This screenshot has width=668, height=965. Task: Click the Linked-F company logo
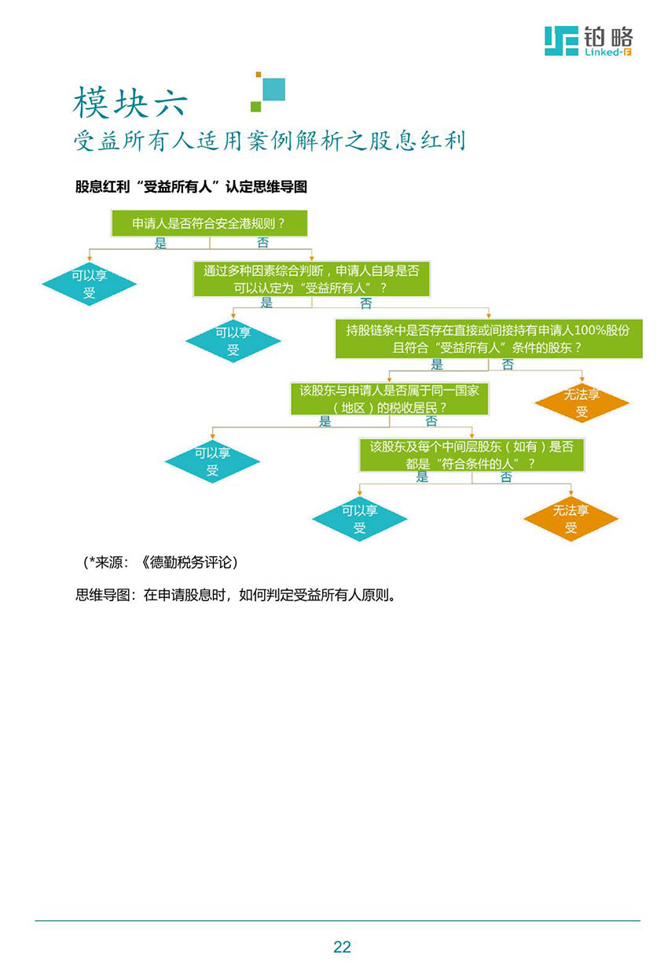pyautogui.click(x=588, y=41)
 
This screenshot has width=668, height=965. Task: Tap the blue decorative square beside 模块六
pyautogui.click(x=273, y=89)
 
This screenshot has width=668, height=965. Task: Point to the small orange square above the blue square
pyautogui.click(x=258, y=75)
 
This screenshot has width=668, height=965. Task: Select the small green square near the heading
pyautogui.click(x=255, y=106)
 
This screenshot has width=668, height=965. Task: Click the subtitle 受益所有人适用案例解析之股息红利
pyautogui.click(x=270, y=141)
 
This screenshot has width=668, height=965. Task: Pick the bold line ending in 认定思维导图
pyautogui.click(x=191, y=186)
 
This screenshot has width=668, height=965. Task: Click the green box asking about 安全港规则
pyautogui.click(x=210, y=223)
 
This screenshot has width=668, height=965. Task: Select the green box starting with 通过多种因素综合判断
pyautogui.click(x=311, y=279)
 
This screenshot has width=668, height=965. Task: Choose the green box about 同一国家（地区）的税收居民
pyautogui.click(x=389, y=399)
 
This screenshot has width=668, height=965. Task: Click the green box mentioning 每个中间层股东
pyautogui.click(x=472, y=455)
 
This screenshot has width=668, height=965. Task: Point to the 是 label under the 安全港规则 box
pyautogui.click(x=160, y=244)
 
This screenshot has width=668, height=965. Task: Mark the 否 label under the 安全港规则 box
pyautogui.click(x=263, y=243)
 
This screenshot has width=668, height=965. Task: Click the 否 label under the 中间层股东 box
pyautogui.click(x=506, y=477)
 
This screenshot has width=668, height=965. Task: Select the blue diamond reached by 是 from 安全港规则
pyautogui.click(x=90, y=284)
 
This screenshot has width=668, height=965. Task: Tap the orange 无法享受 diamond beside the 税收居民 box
pyautogui.click(x=582, y=403)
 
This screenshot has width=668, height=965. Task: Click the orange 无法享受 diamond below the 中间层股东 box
pyautogui.click(x=571, y=519)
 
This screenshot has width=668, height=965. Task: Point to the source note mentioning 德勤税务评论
pyautogui.click(x=160, y=562)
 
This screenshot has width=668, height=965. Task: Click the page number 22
pyautogui.click(x=342, y=947)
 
